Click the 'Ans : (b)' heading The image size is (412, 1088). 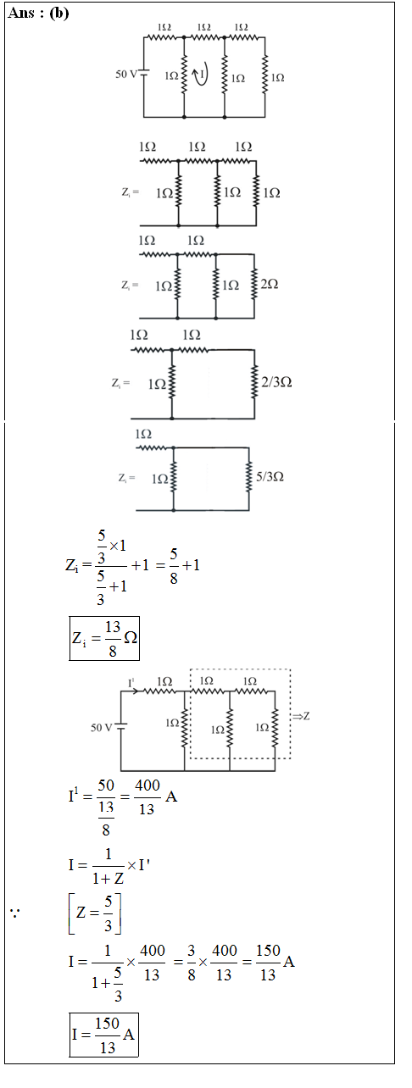pyautogui.click(x=38, y=13)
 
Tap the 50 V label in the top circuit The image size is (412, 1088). pyautogui.click(x=127, y=75)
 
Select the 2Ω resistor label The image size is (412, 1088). pyautogui.click(x=270, y=284)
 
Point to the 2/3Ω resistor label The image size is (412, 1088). pyautogui.click(x=276, y=382)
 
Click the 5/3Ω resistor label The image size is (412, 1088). pyautogui.click(x=270, y=476)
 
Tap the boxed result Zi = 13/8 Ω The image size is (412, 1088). pyautogui.click(x=104, y=638)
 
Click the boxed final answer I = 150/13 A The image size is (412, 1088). pyautogui.click(x=104, y=1035)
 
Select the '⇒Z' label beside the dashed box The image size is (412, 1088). pyautogui.click(x=301, y=716)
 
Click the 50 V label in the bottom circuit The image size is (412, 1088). pyautogui.click(x=102, y=727)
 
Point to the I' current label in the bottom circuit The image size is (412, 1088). pyautogui.click(x=131, y=683)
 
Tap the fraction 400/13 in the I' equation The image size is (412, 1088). pyautogui.click(x=148, y=797)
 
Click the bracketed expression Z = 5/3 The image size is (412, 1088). pyautogui.click(x=95, y=913)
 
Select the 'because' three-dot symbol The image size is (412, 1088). pyautogui.click(x=14, y=913)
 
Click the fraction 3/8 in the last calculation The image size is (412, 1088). pyautogui.click(x=192, y=962)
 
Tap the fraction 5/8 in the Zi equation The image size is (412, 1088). pyautogui.click(x=174, y=565)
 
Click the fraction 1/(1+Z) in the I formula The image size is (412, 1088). pyautogui.click(x=108, y=865)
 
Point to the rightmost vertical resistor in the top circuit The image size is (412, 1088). pyautogui.click(x=264, y=75)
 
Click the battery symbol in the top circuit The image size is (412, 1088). pyautogui.click(x=144, y=74)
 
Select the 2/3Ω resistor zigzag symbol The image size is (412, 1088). pyautogui.click(x=254, y=383)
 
